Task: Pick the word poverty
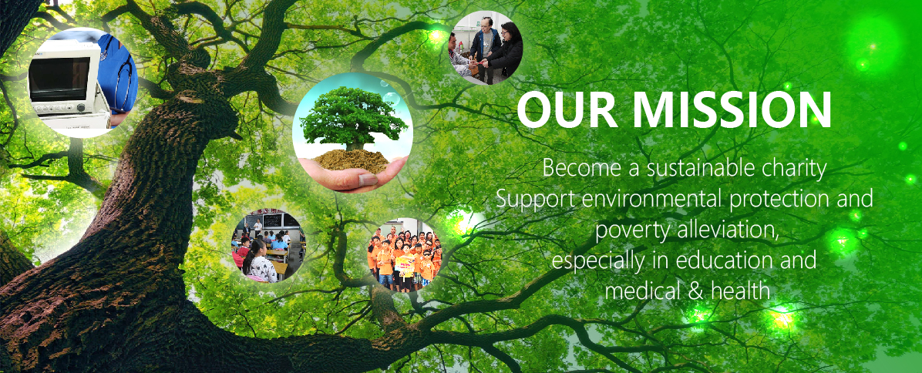click(x=628, y=231)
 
